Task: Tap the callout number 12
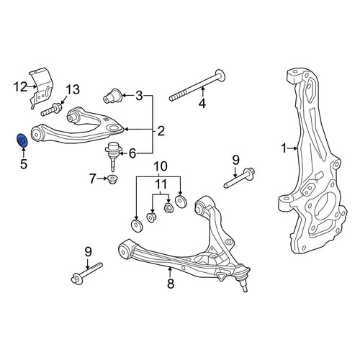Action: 20,87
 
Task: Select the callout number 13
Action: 73,90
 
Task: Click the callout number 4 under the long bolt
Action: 202,104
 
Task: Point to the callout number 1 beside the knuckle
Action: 284,148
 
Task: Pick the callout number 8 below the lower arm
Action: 171,284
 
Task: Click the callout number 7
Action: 93,179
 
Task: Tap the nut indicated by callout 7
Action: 112,180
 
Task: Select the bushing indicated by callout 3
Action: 112,96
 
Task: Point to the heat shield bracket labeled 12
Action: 42,88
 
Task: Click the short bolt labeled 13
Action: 51,109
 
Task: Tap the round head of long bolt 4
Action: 220,75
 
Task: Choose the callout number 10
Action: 161,166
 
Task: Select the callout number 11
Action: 161,184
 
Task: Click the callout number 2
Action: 161,131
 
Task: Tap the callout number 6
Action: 132,153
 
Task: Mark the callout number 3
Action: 139,96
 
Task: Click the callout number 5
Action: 24,164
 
